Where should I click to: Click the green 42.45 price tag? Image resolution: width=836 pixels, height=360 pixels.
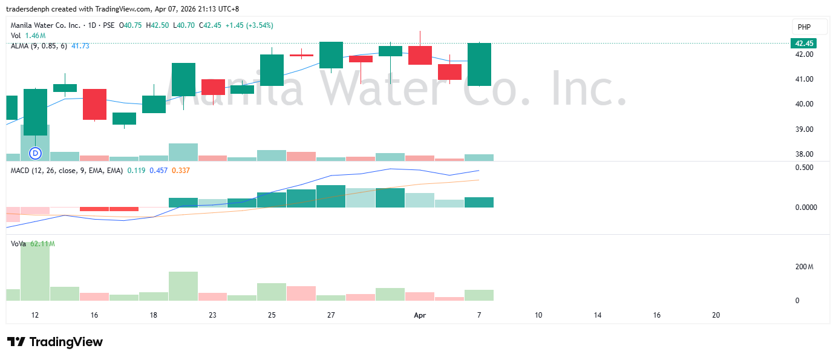[x=804, y=43]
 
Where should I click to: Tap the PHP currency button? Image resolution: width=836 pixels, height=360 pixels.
[x=804, y=27]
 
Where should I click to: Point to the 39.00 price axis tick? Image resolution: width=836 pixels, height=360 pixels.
[x=804, y=129]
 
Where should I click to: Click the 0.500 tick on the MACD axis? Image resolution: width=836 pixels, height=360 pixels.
[x=803, y=168]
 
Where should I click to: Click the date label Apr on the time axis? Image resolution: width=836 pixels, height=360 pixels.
[x=419, y=315]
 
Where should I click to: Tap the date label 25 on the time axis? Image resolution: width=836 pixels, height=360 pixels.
[x=272, y=315]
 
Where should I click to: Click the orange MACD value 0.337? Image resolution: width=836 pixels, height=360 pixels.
[x=181, y=171]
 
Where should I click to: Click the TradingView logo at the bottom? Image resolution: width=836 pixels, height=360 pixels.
[x=55, y=342]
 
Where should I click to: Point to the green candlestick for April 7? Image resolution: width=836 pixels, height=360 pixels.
[x=479, y=64]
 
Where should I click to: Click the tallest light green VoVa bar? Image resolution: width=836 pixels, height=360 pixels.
[x=35, y=271]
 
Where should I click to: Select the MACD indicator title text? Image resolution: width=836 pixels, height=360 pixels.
[x=66, y=171]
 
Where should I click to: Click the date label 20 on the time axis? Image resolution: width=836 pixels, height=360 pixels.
[x=716, y=315]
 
